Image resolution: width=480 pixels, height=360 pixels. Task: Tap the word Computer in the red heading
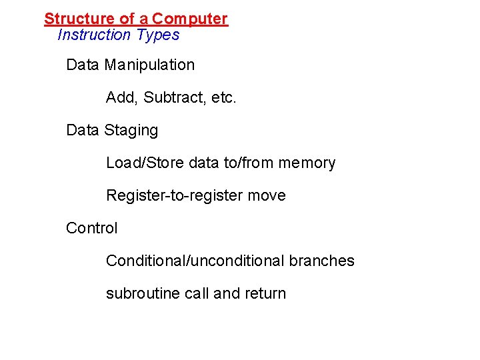(190, 19)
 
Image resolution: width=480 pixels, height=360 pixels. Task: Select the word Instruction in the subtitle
(94, 35)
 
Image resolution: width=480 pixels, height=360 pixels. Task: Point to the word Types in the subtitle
(157, 35)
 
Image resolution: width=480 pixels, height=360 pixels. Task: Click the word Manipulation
(149, 65)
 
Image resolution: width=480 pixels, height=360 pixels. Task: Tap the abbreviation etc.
(223, 98)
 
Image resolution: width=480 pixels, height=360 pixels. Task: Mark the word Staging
(131, 131)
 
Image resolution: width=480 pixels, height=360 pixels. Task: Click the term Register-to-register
(175, 196)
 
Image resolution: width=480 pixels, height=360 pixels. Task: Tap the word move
(267, 196)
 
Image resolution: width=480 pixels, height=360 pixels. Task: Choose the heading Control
(92, 229)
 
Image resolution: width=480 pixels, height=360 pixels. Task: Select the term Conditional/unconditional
(195, 261)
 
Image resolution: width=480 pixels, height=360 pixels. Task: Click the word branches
(322, 261)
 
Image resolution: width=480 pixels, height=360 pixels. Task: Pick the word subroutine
(139, 294)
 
